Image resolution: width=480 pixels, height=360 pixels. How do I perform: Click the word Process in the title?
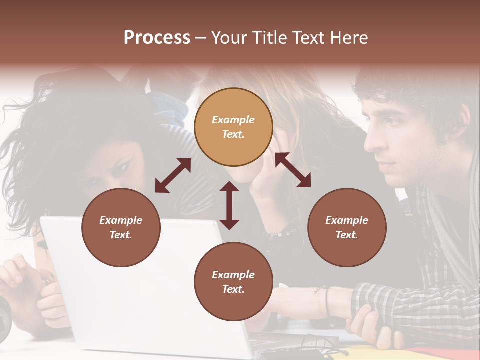[157, 38]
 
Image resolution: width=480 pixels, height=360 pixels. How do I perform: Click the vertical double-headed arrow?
[229, 205]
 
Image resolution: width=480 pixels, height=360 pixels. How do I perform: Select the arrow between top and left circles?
[173, 175]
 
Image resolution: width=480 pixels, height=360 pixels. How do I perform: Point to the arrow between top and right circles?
[293, 170]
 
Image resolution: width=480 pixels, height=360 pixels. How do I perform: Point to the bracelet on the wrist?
[326, 302]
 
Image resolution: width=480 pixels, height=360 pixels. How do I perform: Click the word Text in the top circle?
[233, 134]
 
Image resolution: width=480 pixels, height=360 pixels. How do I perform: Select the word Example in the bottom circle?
[233, 275]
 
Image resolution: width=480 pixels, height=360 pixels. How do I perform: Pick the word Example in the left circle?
[121, 220]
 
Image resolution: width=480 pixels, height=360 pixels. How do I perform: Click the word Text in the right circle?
[347, 235]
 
